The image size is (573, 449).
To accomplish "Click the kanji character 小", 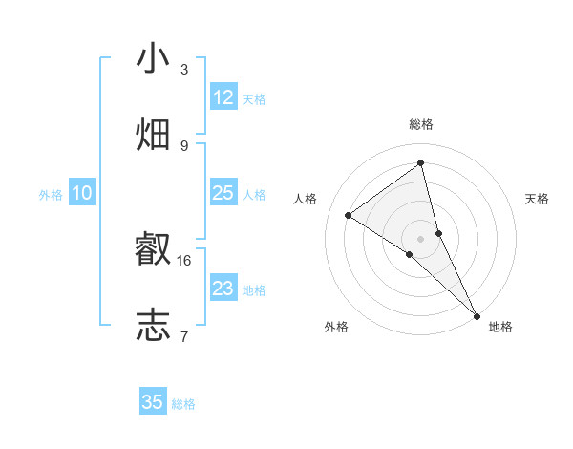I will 153,58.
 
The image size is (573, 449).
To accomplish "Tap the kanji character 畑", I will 153,134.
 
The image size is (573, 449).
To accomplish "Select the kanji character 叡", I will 153,249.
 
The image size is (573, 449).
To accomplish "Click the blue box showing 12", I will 223,97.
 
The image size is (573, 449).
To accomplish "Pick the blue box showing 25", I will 223,194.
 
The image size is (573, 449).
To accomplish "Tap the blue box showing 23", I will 223,289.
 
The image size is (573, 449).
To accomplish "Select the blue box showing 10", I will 82,194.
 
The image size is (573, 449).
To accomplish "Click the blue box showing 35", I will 153,402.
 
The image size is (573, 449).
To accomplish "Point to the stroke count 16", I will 184,260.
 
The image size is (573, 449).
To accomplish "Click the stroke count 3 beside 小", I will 184,70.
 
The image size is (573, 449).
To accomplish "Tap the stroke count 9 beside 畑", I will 184,145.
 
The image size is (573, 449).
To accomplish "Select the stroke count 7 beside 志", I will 184,336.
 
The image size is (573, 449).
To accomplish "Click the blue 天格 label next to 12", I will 254,99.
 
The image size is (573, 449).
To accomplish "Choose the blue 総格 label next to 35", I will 183,404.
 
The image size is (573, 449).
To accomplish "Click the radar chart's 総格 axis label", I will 421,124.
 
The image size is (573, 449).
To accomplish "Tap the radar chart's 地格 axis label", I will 500,327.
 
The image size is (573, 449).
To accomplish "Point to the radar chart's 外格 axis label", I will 336,327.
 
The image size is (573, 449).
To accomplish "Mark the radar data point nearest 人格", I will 349,215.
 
